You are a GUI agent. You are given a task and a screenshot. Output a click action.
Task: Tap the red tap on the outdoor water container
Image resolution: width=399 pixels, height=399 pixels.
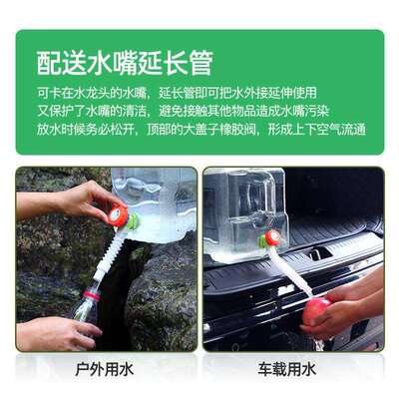pos(119,213)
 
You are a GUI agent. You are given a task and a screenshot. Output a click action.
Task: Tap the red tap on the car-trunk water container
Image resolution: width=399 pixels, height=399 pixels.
pos(269,239)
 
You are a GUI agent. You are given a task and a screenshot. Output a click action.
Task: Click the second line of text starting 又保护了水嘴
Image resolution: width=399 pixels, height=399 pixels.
pos(196,111)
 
